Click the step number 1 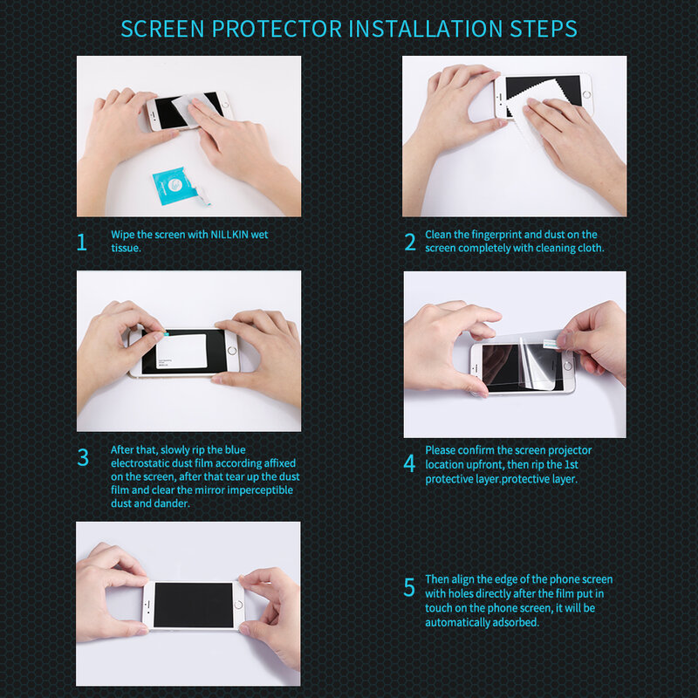pos(82,242)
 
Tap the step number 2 pos(410,242)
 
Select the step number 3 pos(83,457)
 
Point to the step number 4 pos(410,463)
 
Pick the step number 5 pos(410,587)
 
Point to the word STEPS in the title pos(543,28)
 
